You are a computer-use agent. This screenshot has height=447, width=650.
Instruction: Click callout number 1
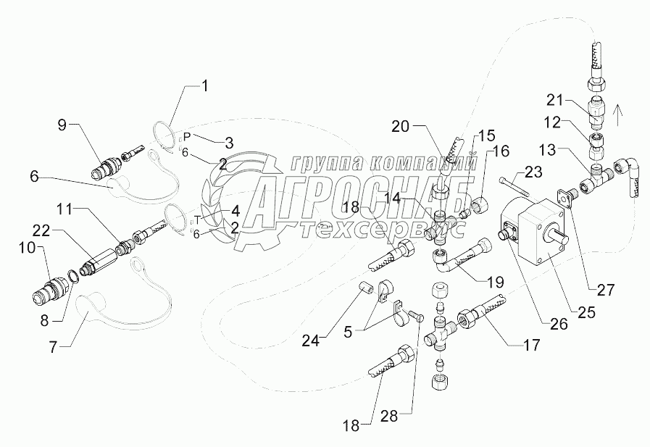coord(204,87)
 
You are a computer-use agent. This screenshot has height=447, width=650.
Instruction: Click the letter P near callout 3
coord(186,136)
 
